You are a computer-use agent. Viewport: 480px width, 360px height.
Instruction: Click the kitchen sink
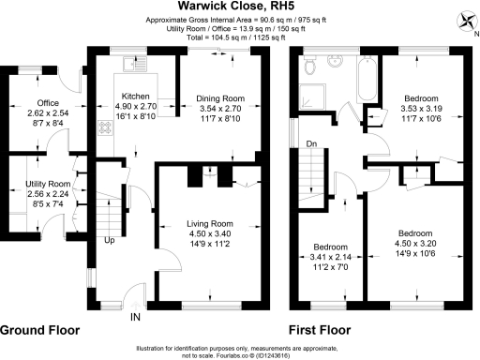pos(131,65)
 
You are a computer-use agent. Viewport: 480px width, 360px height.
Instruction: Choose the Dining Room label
pos(220,97)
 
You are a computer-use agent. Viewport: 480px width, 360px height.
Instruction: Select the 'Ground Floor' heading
pos(40,331)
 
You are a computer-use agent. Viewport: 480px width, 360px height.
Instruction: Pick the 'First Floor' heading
pos(320,331)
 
